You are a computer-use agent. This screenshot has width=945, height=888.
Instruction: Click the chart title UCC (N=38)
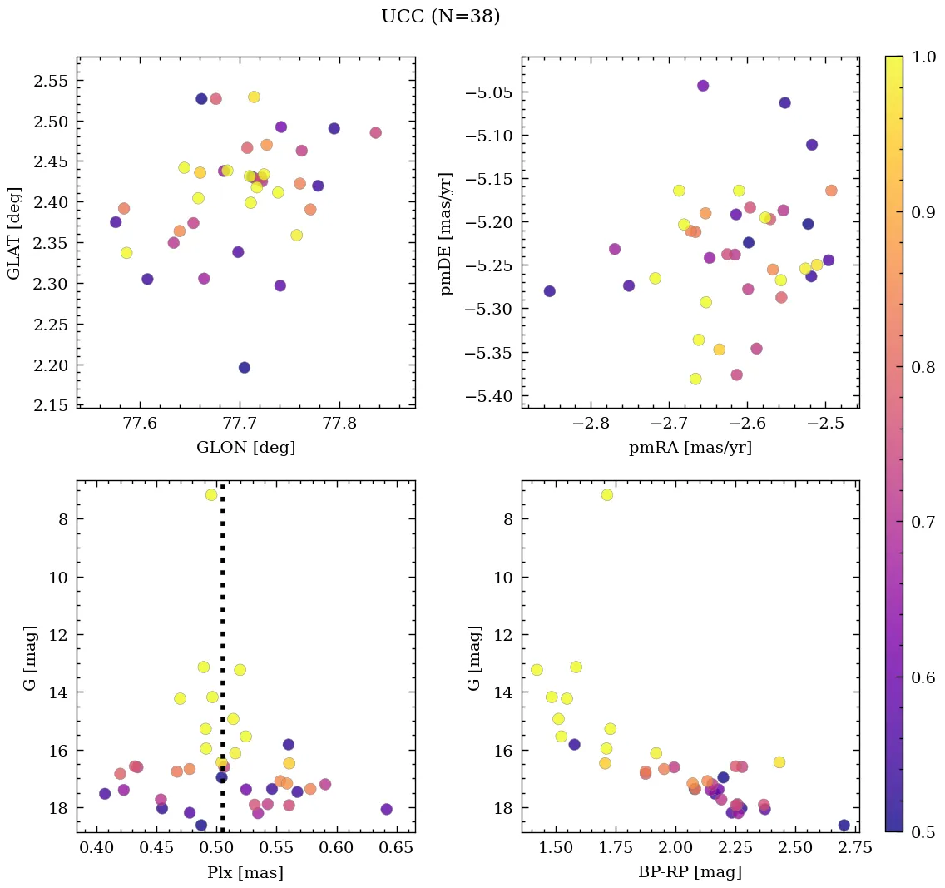440,17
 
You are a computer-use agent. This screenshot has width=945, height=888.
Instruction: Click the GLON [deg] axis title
245,448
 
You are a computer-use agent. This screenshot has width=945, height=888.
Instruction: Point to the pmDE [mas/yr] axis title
447,232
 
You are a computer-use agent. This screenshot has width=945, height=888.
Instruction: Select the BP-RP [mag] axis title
690,872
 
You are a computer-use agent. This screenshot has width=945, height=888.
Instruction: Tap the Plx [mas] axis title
245,873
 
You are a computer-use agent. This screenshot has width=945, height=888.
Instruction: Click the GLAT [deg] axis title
14,232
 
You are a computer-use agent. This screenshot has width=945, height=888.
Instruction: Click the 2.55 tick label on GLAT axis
52,81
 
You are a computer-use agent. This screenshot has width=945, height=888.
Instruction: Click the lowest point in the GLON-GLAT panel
245,367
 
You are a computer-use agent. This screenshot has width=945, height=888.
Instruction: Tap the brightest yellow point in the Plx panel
211,495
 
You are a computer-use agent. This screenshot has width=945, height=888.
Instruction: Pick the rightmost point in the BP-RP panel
844,825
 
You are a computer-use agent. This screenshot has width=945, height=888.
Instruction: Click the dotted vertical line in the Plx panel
222,633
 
